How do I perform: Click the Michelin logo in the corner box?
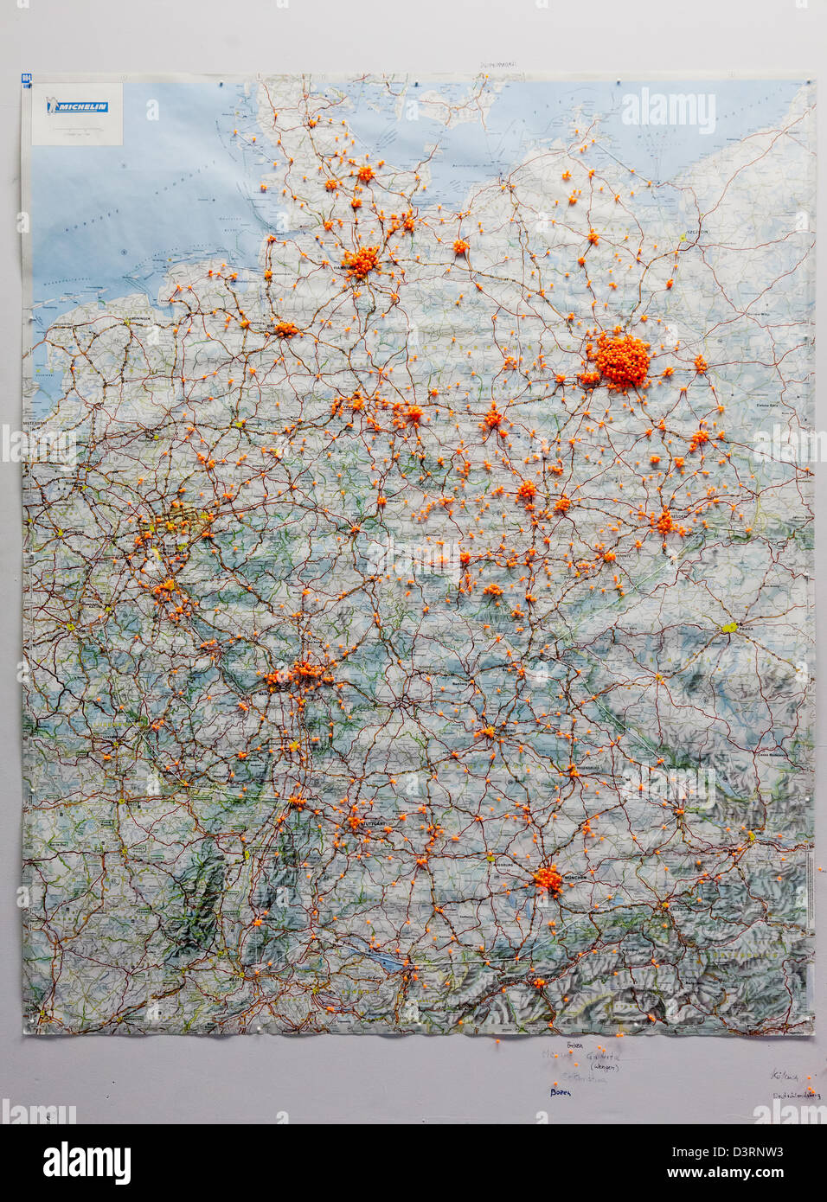pos(79,107)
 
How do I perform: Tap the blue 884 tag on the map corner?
pos(26,80)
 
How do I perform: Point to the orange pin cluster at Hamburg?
pos(361,260)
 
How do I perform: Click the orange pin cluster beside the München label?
pos(548,879)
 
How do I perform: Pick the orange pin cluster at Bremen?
pos(285,329)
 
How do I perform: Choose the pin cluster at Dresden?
pos(664,521)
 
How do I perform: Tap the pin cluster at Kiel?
pos(365,174)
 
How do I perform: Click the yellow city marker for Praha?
pos(729,628)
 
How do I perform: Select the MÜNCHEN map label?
pos(574,876)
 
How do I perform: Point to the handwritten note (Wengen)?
pos(603,1068)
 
